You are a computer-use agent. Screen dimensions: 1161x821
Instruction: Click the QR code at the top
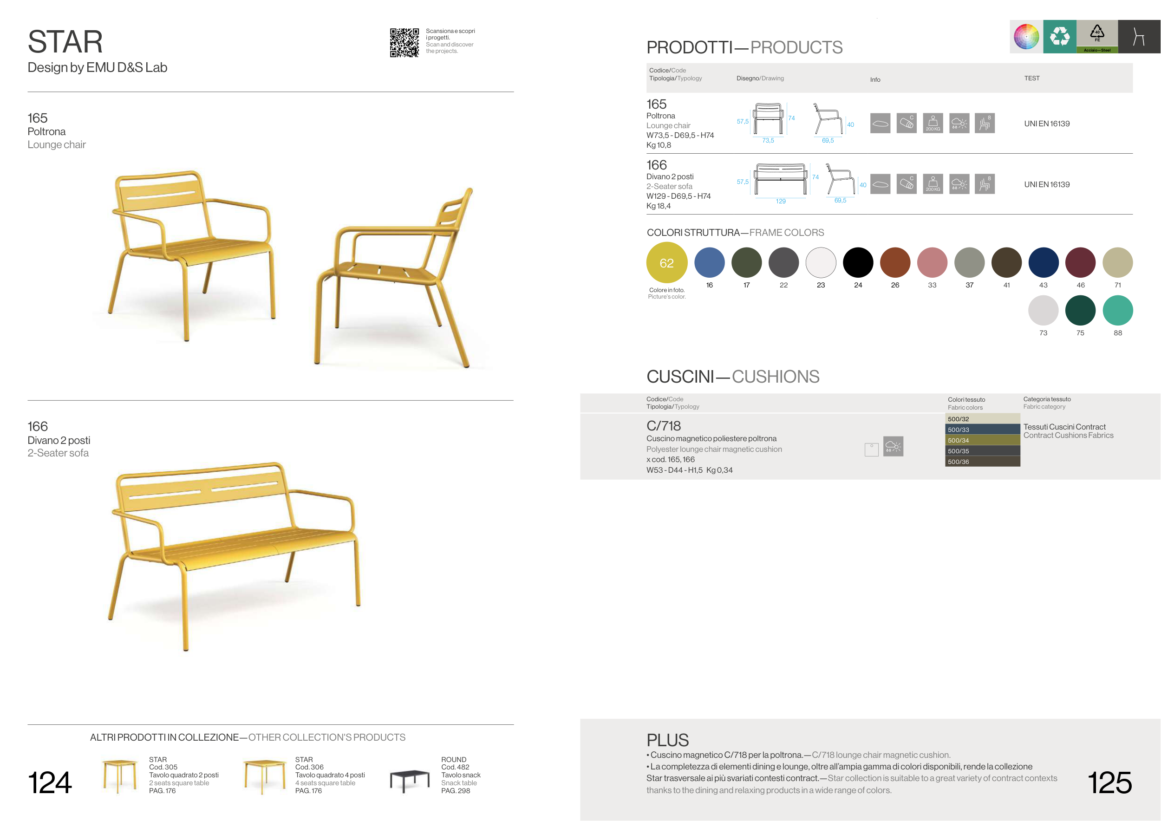404,42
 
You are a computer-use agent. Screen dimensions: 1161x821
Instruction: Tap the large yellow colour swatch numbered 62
666,262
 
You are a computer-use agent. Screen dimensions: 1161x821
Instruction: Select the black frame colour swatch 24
858,262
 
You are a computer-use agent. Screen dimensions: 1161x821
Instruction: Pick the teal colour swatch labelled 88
1117,310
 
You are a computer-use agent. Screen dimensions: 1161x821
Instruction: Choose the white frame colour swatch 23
821,262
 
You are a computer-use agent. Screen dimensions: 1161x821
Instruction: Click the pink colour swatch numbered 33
932,262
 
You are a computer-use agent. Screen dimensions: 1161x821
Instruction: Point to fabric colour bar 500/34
983,440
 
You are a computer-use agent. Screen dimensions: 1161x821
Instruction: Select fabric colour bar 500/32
983,418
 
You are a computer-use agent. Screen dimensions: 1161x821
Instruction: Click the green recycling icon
1059,36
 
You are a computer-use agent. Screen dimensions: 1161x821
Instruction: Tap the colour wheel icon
1026,36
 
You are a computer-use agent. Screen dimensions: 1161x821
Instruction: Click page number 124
50,782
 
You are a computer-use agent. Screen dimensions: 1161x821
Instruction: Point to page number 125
1109,782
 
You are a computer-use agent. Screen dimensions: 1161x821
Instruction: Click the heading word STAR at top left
65,41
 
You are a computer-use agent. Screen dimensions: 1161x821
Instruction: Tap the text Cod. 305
163,767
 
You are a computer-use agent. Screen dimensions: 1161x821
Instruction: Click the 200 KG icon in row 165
933,123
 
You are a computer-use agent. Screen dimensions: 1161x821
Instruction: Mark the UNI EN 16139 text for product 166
1047,184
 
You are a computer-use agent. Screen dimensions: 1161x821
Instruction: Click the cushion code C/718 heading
664,426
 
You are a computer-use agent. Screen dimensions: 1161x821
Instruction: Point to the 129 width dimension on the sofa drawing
780,201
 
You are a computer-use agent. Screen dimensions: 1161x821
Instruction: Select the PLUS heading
667,740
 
